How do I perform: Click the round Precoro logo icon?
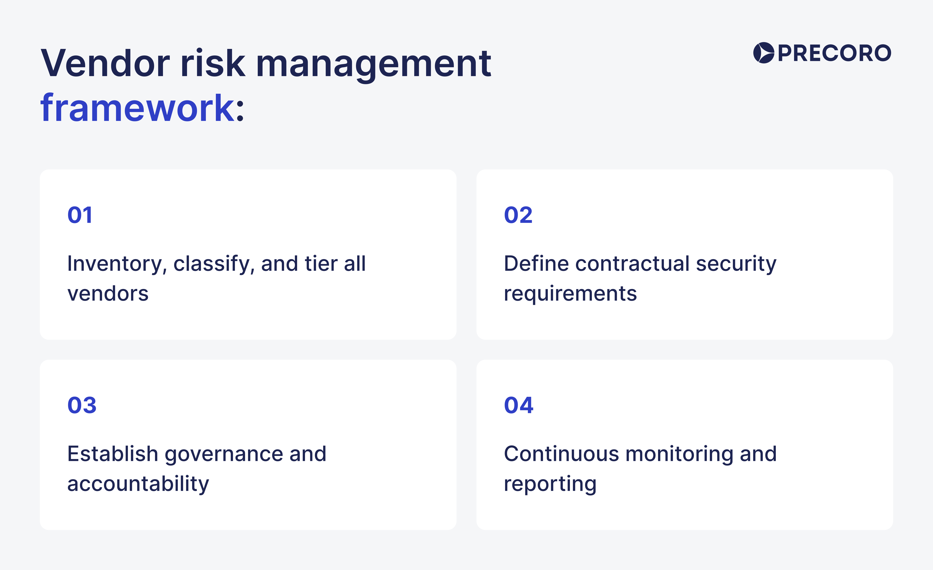pos(763,53)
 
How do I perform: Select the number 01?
pos(80,215)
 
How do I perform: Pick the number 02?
pos(518,215)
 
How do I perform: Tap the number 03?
pos(82,405)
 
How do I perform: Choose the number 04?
pos(518,405)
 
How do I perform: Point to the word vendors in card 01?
pos(108,294)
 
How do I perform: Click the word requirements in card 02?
pos(570,294)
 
